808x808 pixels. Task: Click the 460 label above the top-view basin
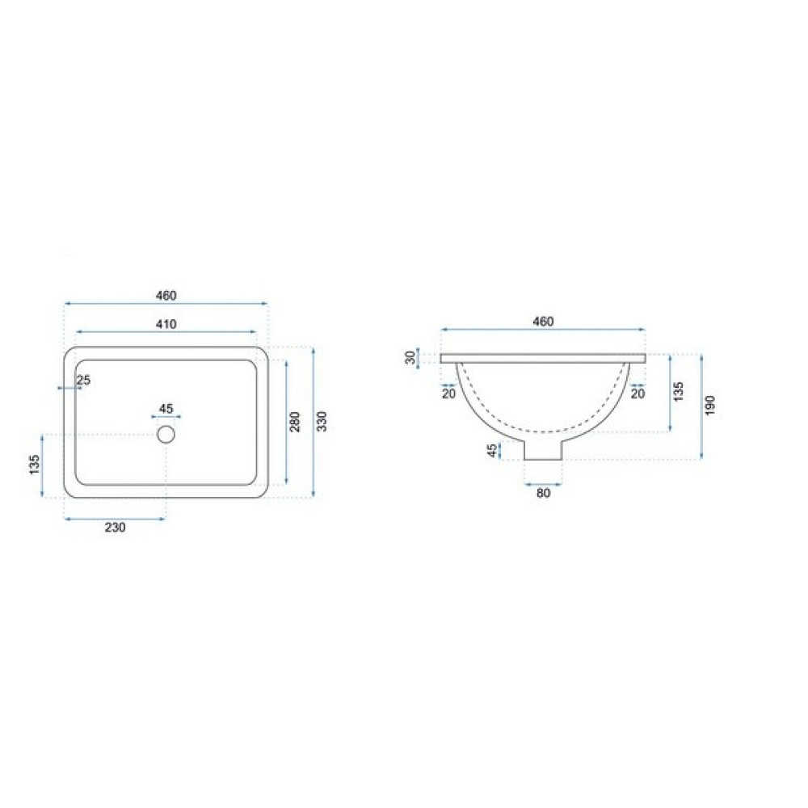click(x=166, y=296)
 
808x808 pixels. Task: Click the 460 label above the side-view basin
click(x=543, y=322)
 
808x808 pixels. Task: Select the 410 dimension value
click(x=166, y=324)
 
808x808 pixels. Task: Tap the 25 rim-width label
click(x=83, y=381)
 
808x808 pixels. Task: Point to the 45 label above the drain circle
click(x=166, y=409)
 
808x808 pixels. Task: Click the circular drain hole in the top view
click(x=166, y=435)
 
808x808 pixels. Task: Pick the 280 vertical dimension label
click(x=295, y=422)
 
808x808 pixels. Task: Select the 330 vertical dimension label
click(x=322, y=422)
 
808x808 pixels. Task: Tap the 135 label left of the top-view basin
click(x=35, y=465)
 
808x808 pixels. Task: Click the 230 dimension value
click(x=115, y=528)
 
